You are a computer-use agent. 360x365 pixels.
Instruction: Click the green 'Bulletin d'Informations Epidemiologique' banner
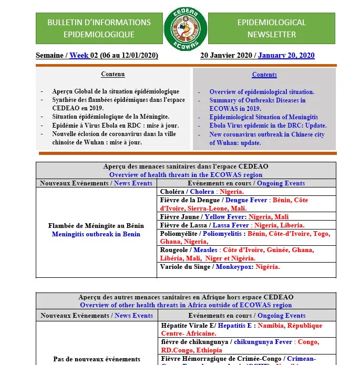99,28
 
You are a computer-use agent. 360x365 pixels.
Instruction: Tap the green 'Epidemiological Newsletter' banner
271,28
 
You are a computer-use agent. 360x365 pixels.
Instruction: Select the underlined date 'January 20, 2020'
286,55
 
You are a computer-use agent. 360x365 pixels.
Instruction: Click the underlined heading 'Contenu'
113,75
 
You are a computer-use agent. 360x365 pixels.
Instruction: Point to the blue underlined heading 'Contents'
264,75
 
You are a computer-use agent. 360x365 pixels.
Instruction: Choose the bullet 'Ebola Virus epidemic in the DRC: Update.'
268,126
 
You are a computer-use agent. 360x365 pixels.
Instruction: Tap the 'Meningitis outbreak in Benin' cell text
96,234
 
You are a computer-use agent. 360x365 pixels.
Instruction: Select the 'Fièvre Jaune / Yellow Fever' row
224,217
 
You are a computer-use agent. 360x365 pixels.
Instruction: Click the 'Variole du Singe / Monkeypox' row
220,267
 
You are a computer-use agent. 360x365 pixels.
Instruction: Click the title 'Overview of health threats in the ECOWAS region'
186,175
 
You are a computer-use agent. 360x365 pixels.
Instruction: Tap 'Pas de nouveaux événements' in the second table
97,359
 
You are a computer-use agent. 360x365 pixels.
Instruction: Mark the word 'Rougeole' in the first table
174,251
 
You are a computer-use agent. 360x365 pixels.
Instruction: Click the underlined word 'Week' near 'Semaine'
79,55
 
